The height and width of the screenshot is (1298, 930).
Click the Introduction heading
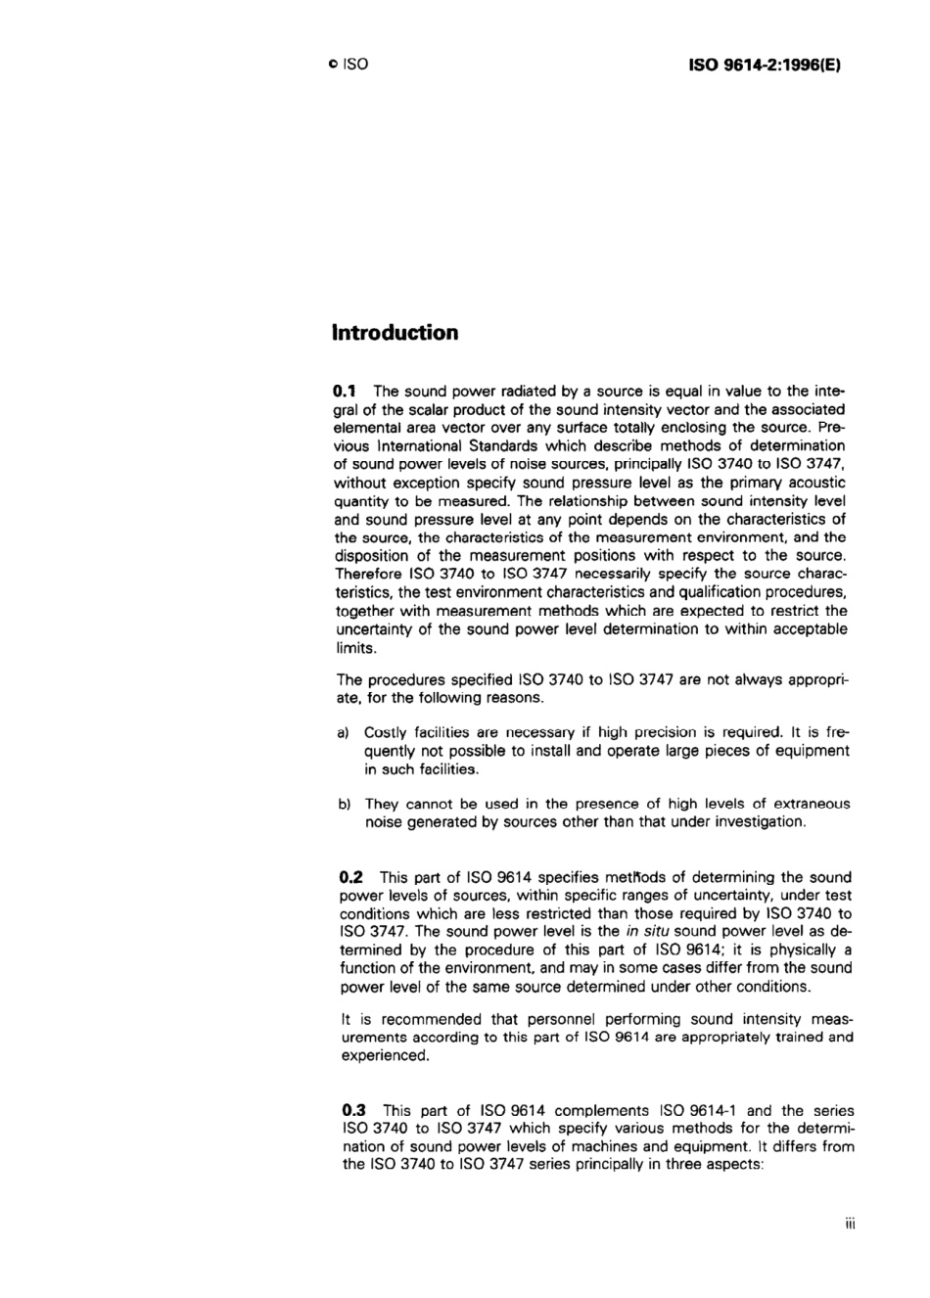tap(395, 333)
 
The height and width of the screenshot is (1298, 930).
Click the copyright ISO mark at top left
tap(349, 66)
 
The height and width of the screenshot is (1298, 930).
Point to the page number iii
tap(850, 1224)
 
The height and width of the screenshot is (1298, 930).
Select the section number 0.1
tap(348, 391)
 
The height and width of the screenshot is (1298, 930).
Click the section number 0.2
tap(350, 877)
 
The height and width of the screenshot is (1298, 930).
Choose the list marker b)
tap(344, 805)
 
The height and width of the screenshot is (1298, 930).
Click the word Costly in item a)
tap(385, 731)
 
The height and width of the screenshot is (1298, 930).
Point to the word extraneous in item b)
tap(811, 804)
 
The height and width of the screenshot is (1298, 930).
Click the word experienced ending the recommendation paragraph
tap(385, 1056)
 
